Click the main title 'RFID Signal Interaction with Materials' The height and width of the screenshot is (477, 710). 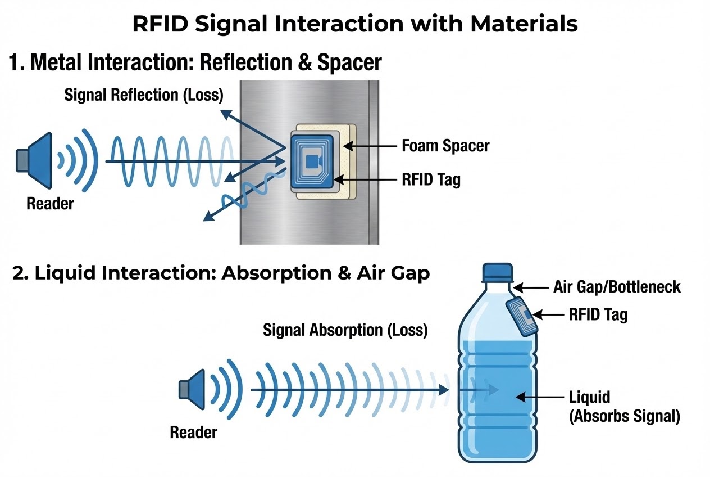pos(354,25)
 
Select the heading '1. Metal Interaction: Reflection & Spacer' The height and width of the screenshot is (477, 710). pos(195,62)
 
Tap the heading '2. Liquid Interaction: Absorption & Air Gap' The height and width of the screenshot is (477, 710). pos(221,273)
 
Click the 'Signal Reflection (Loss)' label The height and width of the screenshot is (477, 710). pos(144,95)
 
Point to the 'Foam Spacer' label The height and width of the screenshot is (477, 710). pos(445,146)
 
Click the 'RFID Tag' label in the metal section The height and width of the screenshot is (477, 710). pos(431,180)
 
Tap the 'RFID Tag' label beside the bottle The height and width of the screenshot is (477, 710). pos(598,314)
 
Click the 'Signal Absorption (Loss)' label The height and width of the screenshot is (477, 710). pos(345,330)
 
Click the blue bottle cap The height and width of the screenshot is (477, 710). pos(498,272)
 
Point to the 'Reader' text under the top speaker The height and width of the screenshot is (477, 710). pos(50,203)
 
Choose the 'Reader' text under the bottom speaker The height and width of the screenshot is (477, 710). pos(193,432)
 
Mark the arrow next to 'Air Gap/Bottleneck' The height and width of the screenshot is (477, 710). pos(531,287)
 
